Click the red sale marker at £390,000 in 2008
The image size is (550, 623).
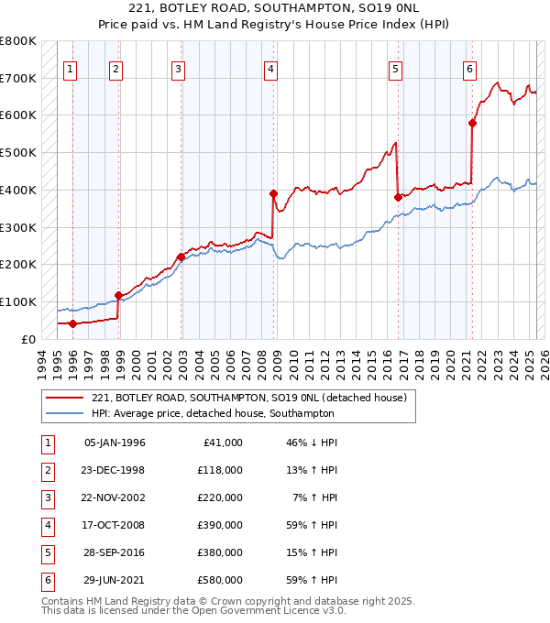click(x=273, y=193)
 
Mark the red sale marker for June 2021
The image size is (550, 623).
click(x=473, y=123)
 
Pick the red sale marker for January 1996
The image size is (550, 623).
click(x=72, y=322)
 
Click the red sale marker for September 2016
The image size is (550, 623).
click(x=398, y=197)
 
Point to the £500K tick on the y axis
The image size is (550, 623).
click(x=19, y=152)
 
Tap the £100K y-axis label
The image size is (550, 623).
click(x=19, y=301)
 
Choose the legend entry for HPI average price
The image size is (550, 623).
click(x=213, y=413)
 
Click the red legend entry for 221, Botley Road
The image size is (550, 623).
click(x=255, y=397)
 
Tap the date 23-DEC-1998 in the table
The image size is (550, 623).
click(x=114, y=470)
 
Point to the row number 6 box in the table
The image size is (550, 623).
click(x=47, y=580)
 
